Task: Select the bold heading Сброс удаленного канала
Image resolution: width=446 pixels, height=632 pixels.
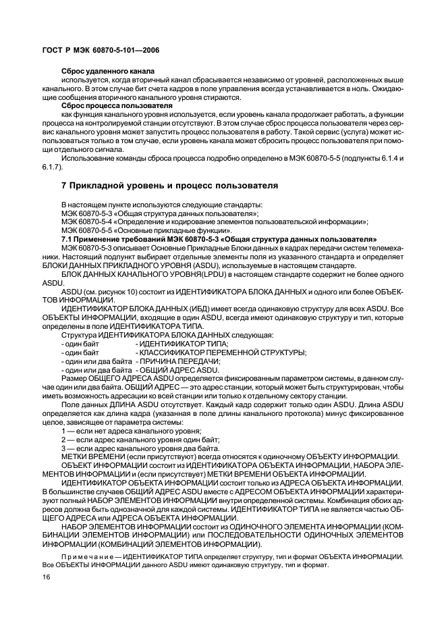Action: pos(108,71)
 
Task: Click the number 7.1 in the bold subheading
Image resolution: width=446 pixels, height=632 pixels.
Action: pos(67,239)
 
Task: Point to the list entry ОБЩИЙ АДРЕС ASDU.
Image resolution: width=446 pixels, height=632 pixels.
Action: pos(177,370)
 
